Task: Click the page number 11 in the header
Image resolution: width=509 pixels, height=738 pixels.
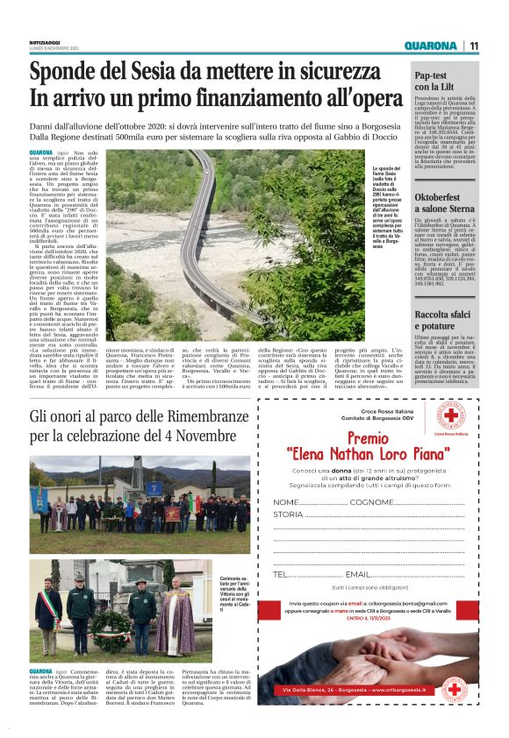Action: pyautogui.click(x=473, y=46)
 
